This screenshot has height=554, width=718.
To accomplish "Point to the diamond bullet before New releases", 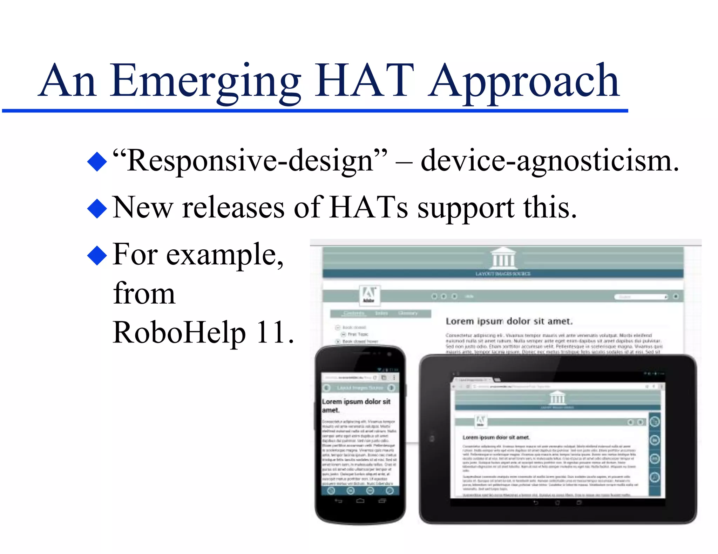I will (x=97, y=208).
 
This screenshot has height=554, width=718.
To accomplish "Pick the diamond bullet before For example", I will (x=97, y=255).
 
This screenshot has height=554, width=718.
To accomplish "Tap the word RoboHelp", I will (x=179, y=332).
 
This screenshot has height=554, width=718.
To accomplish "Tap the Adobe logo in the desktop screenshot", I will (x=369, y=294).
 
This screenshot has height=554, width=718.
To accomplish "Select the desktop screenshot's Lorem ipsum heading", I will (x=509, y=321).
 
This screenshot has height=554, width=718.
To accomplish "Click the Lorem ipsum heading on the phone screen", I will (x=356, y=406).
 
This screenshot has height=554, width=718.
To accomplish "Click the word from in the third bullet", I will (x=144, y=293).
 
